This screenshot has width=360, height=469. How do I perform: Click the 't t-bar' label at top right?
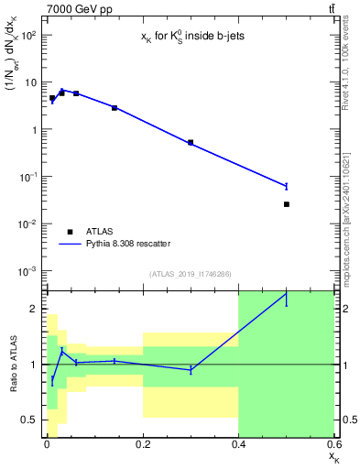pos(331,8)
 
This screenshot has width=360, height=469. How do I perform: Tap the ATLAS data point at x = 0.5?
pos(287,204)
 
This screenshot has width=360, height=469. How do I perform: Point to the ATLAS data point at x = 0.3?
pos(191,143)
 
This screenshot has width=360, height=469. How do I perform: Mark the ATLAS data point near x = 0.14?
pos(115,108)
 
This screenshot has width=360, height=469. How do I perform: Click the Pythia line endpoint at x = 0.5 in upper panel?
pos(287,186)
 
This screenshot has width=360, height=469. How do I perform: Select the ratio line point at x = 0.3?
pos(191,370)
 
